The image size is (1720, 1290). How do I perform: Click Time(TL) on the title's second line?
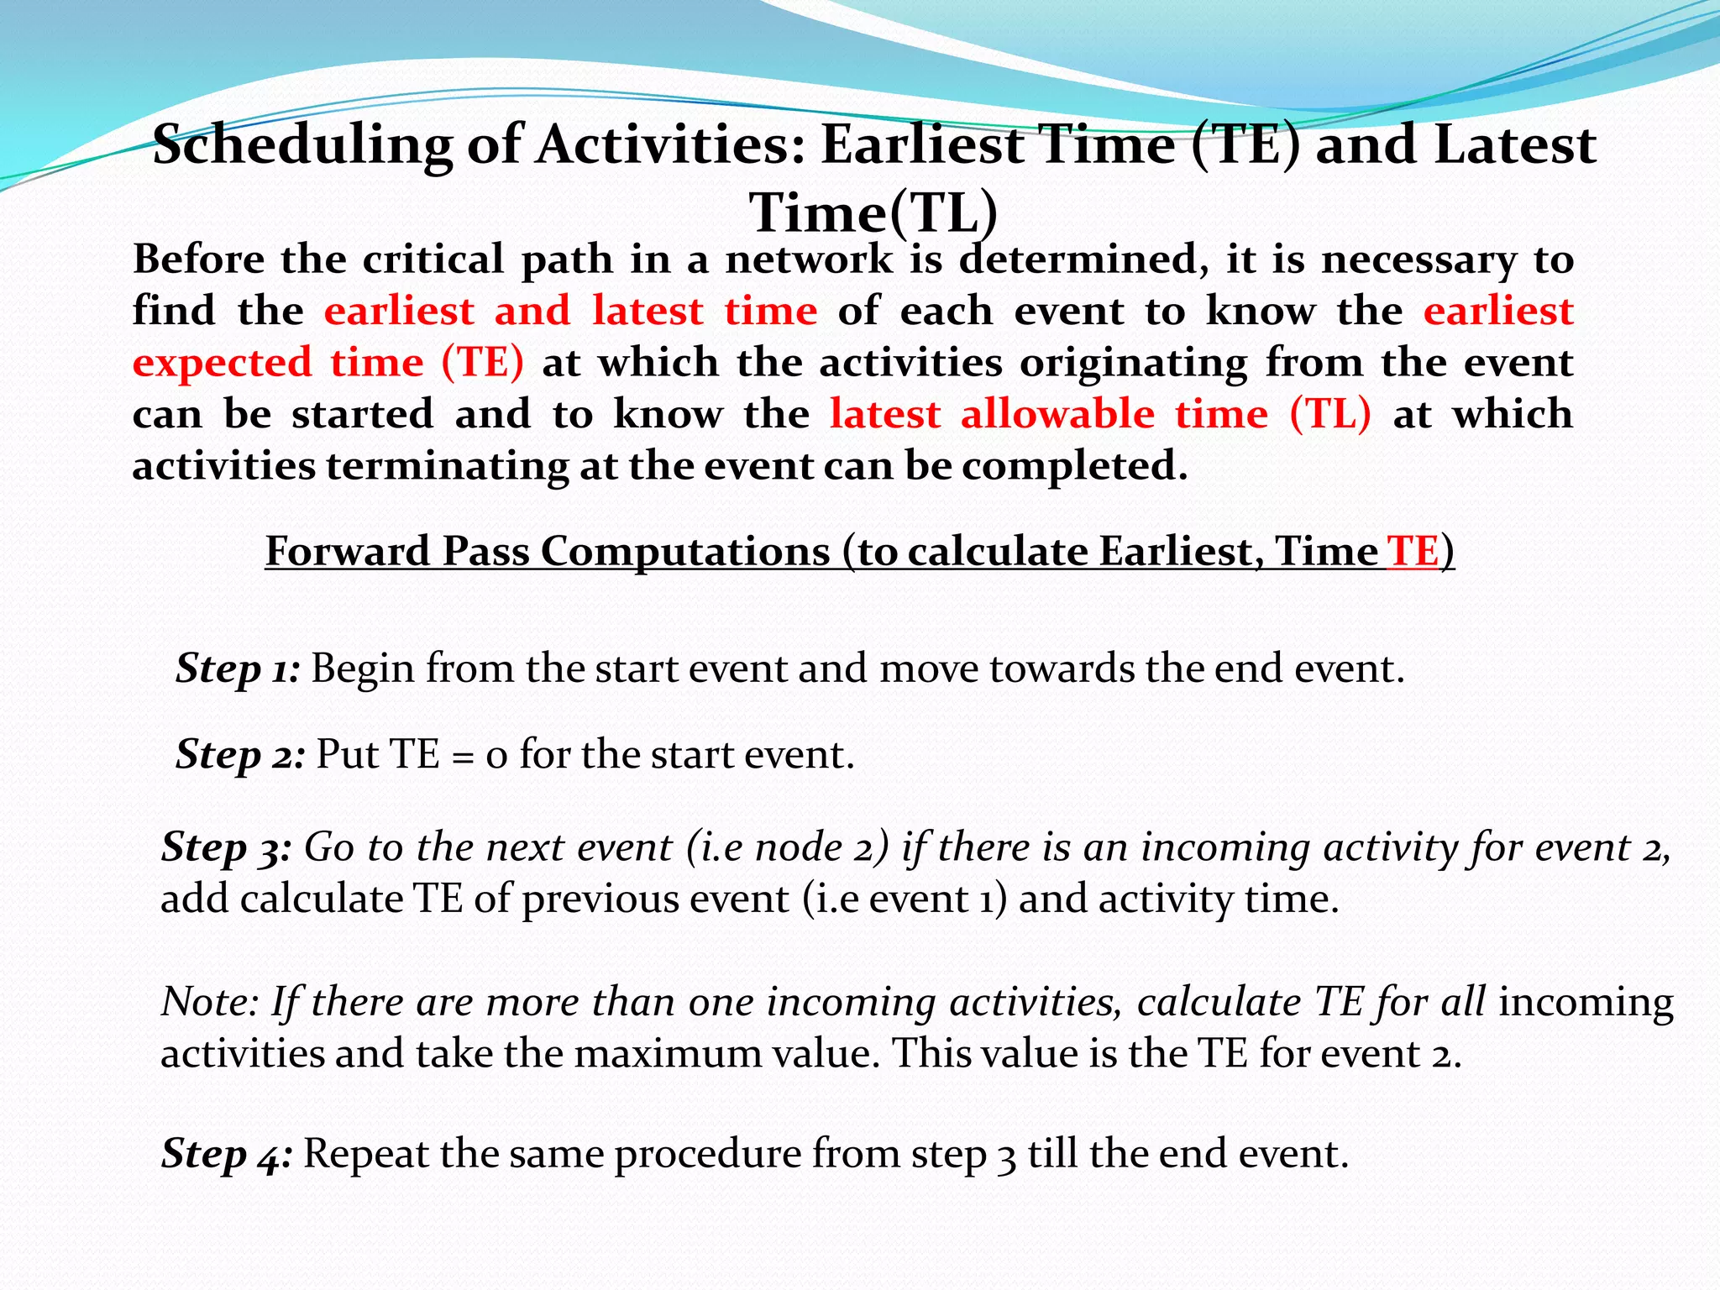873,212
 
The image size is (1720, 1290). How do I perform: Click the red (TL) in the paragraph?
1330,414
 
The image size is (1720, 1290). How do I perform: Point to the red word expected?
222,364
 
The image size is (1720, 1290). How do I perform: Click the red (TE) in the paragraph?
482,363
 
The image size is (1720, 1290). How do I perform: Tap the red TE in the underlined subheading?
1413,552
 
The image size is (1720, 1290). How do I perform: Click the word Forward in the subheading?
349,552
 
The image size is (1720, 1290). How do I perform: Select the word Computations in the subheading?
684,552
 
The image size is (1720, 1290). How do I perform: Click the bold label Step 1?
238,669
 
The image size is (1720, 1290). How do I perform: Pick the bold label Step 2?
240,755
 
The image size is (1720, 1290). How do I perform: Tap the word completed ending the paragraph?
1074,467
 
